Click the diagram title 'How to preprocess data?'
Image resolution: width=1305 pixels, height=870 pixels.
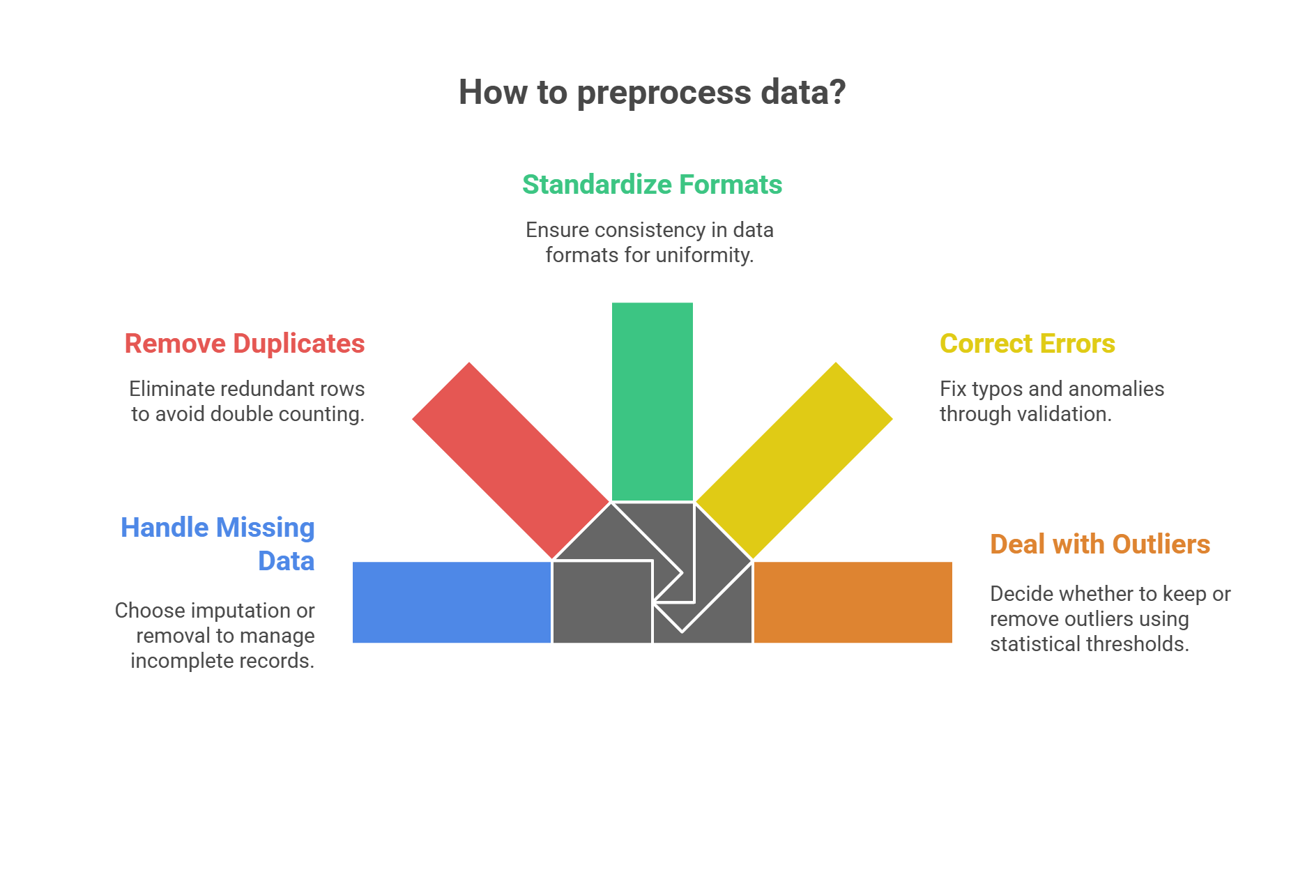pos(652,93)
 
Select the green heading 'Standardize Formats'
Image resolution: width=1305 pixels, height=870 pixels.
pos(652,185)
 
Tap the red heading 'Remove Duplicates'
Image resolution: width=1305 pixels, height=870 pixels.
pos(244,344)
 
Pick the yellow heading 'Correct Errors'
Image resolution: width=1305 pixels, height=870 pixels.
pos(1027,344)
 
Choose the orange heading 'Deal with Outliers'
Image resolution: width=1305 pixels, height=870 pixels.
pos(1099,544)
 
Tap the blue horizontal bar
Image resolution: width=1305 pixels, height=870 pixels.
pos(451,602)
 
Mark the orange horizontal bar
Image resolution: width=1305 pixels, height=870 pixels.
pos(853,602)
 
